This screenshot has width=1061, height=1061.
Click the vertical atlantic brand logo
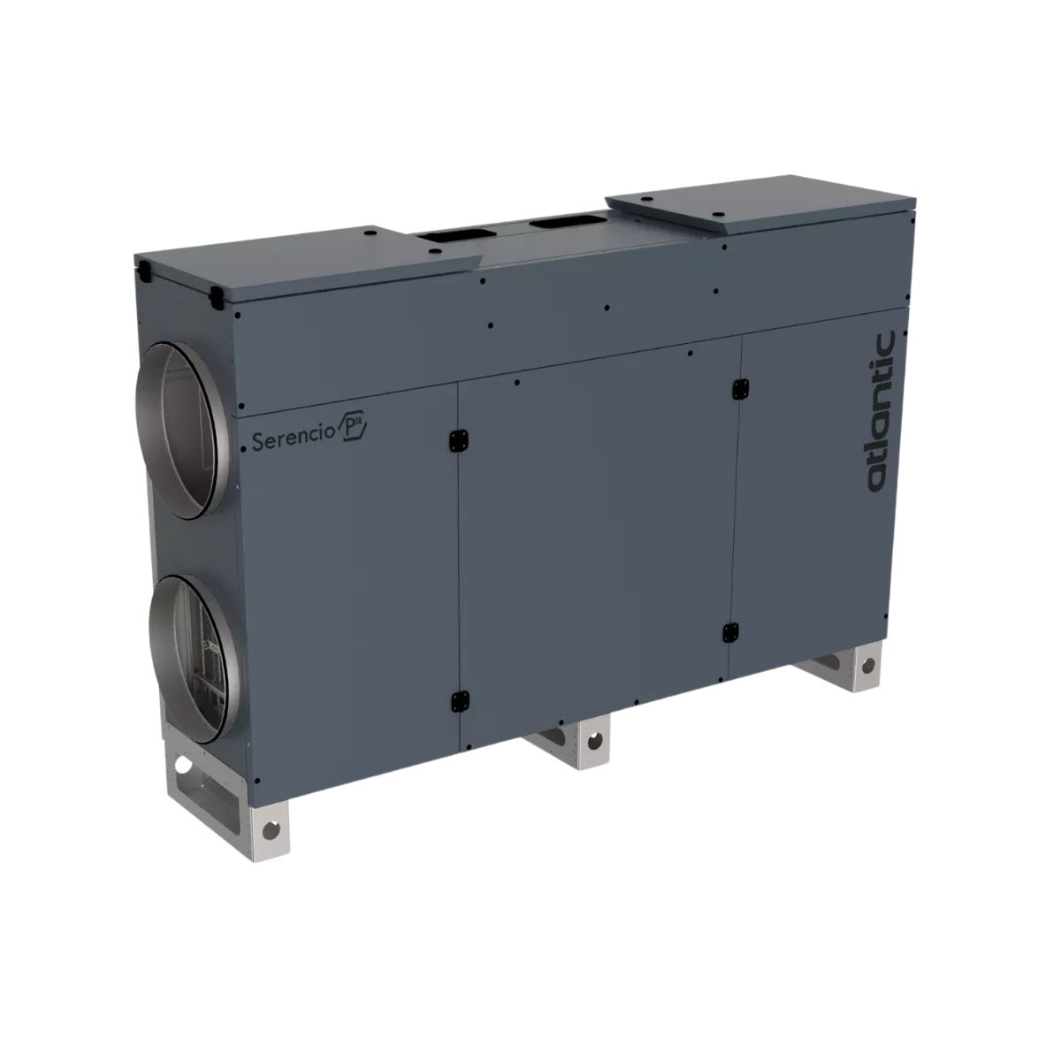click(881, 411)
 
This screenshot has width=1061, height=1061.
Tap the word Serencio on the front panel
click(293, 439)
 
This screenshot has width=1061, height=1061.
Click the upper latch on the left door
click(458, 440)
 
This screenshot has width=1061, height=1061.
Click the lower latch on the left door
click(460, 701)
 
